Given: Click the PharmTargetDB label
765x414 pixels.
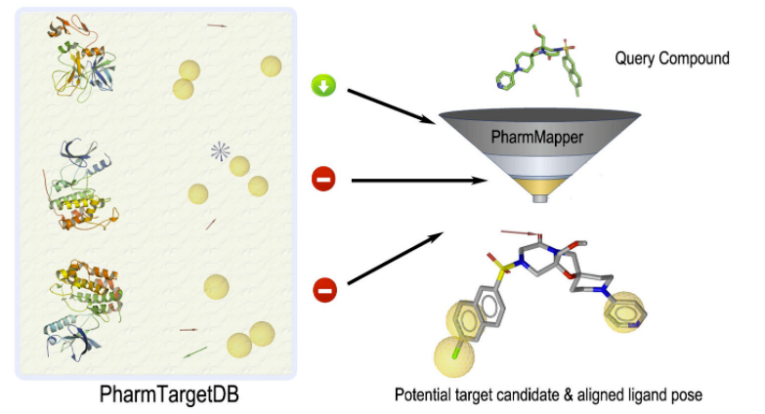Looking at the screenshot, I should click(160, 395).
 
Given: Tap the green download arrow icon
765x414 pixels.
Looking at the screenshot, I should click(323, 87).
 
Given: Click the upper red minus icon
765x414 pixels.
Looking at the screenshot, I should click(323, 180).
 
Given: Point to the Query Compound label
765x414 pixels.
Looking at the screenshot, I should click(671, 59).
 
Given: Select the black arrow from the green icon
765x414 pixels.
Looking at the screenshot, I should click(392, 105).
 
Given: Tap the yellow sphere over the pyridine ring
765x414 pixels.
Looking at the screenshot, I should click(625, 317).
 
